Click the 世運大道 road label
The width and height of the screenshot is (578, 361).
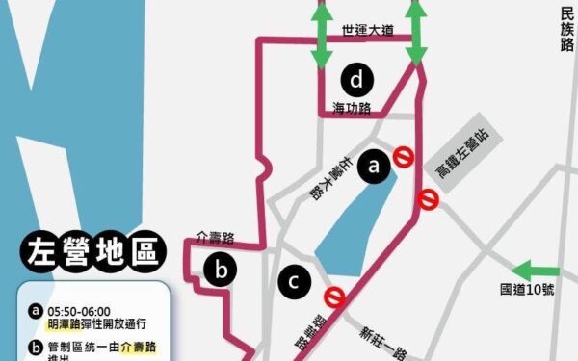[368, 31]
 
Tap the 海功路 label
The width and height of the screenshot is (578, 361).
[352, 107]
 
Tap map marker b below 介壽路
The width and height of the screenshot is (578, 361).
[221, 271]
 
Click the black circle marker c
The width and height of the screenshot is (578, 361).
[293, 281]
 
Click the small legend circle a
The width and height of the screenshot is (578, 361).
[36, 312]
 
